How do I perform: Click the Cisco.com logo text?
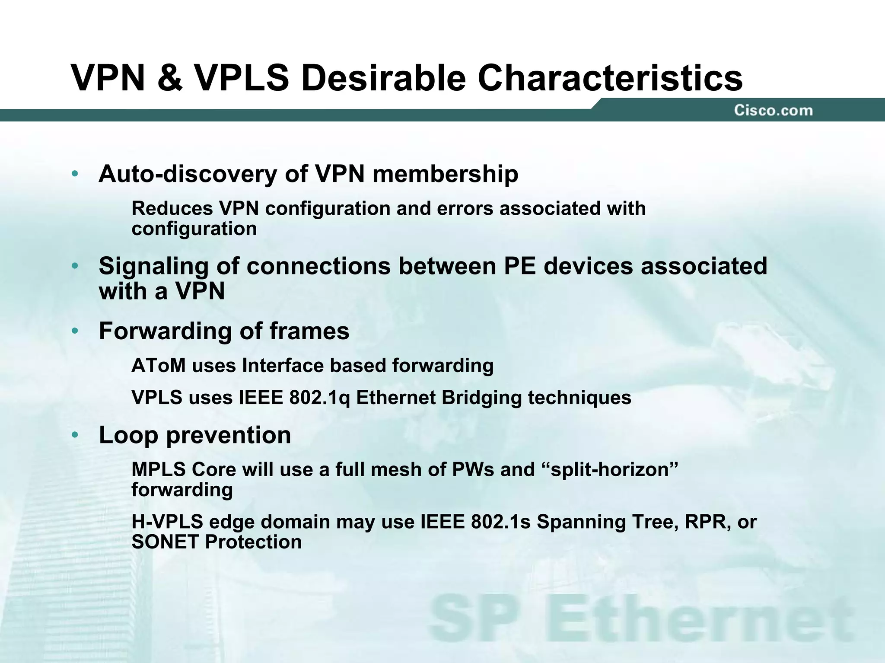coord(773,111)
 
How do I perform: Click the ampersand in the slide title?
coord(170,78)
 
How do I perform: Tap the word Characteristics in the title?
coord(610,78)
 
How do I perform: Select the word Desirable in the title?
coord(383,78)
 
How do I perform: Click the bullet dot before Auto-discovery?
coord(75,174)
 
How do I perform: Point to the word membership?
coord(445,174)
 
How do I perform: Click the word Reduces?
coord(172,208)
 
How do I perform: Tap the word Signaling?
coord(153,267)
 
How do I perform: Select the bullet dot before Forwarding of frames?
coord(75,331)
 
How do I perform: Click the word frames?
coord(309,331)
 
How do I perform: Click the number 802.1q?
coord(320,398)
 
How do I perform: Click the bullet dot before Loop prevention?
coord(75,435)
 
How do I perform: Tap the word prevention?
coord(229,435)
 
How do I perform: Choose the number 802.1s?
coord(500,522)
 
